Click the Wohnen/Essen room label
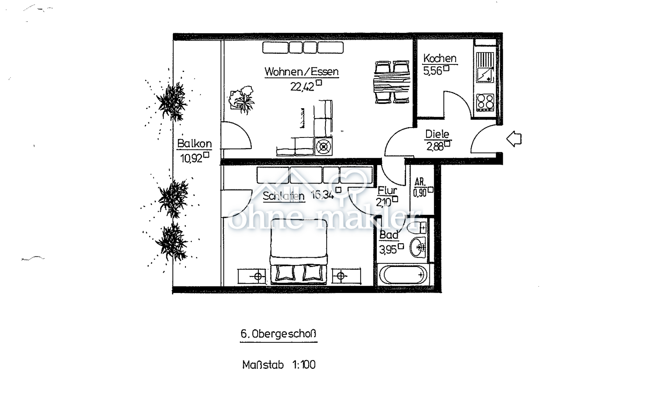[301, 71]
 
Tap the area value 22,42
[302, 87]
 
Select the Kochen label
[439, 58]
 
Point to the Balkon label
[194, 143]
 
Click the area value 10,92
[191, 158]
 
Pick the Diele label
[437, 134]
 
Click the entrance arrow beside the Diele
[514, 139]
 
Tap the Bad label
[389, 235]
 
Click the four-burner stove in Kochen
[485, 102]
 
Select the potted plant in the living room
[241, 99]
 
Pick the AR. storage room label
[420, 182]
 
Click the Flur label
[387, 191]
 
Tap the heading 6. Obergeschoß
[278, 334]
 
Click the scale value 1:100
[304, 365]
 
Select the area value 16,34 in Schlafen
[322, 195]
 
